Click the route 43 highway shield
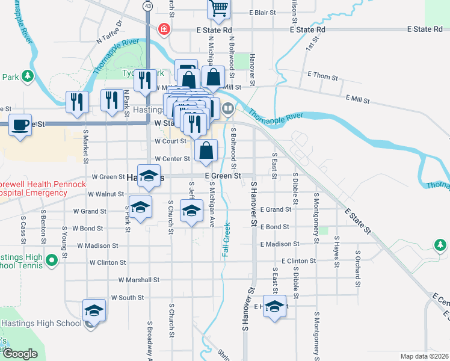pos(147,5)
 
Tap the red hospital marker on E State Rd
pos(164,29)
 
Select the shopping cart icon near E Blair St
pos(219,8)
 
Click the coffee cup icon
pos(21,125)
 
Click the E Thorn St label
pos(322,76)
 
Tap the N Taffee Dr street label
pos(109,32)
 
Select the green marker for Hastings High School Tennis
pos(52,261)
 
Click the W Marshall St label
pos(138,280)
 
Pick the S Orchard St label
pos(357,268)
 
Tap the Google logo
pos(20,354)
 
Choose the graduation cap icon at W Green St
pos(149,176)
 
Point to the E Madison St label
pos(280,244)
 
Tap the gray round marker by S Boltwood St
pos(228,109)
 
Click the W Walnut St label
pos(105,194)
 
